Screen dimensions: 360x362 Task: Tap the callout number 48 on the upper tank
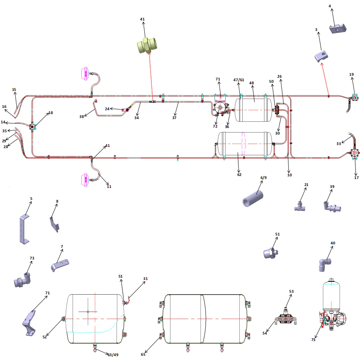pyautogui.click(x=251, y=83)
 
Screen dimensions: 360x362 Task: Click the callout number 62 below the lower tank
pyautogui.click(x=239, y=175)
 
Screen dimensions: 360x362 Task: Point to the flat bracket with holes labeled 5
pyautogui.click(x=24, y=230)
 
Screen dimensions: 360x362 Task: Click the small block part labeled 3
pyautogui.click(x=321, y=56)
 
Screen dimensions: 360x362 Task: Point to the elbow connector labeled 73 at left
pyautogui.click(x=22, y=279)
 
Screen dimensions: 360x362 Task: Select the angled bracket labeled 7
pyautogui.click(x=60, y=265)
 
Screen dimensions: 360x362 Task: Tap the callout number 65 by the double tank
pyautogui.click(x=143, y=354)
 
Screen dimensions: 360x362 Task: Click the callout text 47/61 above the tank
pyautogui.click(x=239, y=80)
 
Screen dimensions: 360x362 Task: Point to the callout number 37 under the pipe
pyautogui.click(x=174, y=118)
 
